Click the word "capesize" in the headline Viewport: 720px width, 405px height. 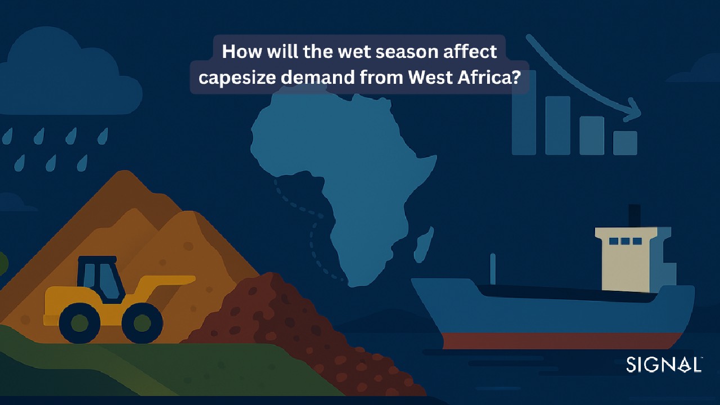(x=237, y=78)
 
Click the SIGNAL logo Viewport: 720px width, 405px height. (x=664, y=364)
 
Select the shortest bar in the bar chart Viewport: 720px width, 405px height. (x=625, y=143)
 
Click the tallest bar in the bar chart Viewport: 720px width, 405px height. (x=524, y=112)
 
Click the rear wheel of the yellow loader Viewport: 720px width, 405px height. (x=79, y=323)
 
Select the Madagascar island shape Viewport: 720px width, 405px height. (x=423, y=244)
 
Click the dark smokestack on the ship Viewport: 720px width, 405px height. (x=634, y=215)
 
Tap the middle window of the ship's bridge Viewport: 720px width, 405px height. (x=625, y=241)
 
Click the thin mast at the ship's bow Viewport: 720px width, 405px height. (x=493, y=269)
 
